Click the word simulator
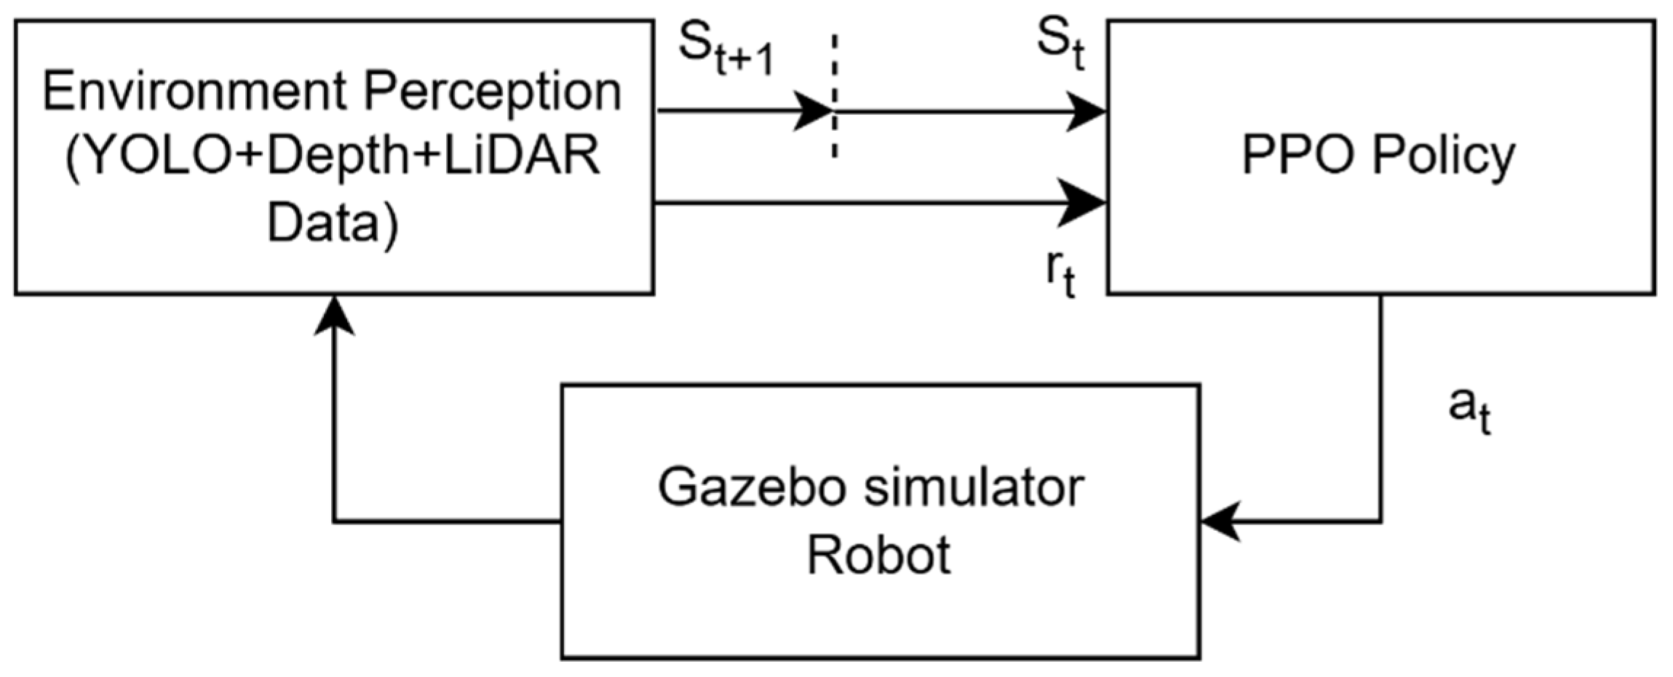pyautogui.click(x=974, y=487)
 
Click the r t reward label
pyautogui.click(x=1060, y=273)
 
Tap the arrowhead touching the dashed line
pyautogui.click(x=814, y=112)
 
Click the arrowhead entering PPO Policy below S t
pyautogui.click(x=1087, y=112)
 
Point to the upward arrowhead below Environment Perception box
pyautogui.click(x=333, y=317)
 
